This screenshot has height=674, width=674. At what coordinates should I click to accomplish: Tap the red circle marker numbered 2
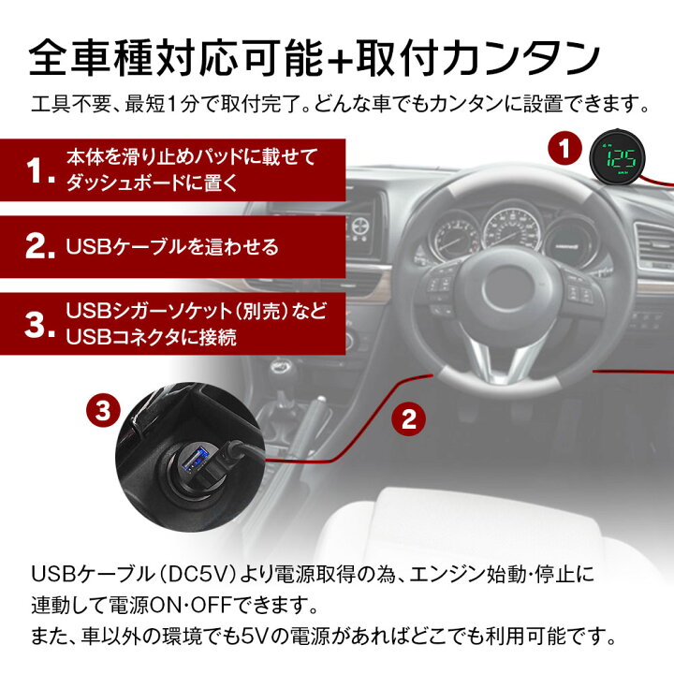pos(406,418)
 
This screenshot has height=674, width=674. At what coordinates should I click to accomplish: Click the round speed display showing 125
pos(616,155)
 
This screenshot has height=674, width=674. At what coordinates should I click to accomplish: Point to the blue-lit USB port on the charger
pos(196,461)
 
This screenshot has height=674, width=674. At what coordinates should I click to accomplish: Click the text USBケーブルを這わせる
pos(173,247)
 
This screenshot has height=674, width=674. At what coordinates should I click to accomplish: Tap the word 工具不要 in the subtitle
pos(66,101)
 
